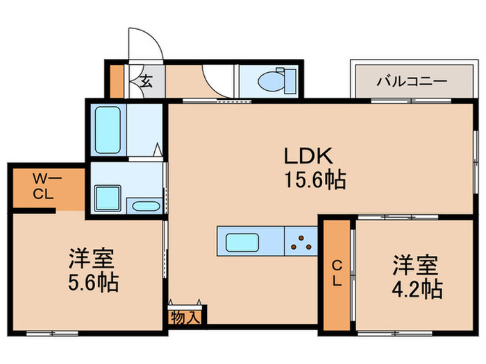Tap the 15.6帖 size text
(314, 180)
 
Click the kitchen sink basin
(240, 243)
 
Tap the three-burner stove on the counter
(301, 243)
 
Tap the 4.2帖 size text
(417, 288)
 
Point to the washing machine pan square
(108, 198)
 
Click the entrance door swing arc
(149, 45)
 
